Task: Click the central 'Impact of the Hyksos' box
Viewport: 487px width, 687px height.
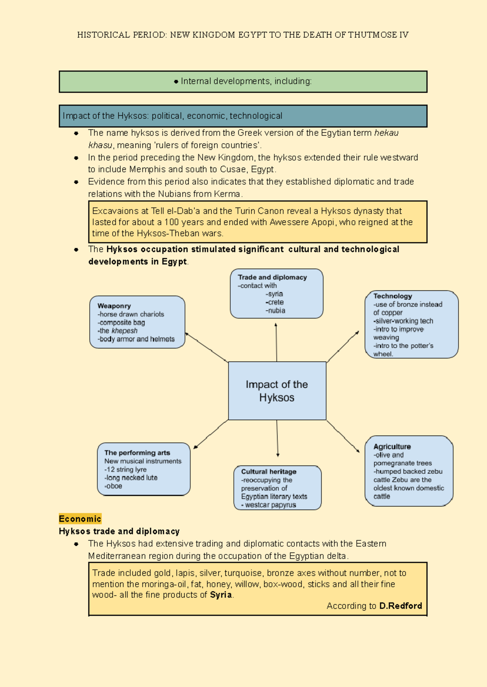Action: tap(277, 391)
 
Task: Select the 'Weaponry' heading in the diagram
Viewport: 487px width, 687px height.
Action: tap(114, 306)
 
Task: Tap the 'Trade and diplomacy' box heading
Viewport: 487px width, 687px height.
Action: tap(272, 277)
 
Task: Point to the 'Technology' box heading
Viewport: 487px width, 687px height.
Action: tap(392, 296)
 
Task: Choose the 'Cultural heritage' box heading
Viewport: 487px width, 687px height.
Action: tap(269, 472)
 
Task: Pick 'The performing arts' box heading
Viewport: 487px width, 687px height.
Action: tap(137, 453)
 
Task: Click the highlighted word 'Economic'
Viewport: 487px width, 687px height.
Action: tap(80, 519)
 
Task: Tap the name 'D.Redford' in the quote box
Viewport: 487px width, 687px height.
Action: tap(401, 606)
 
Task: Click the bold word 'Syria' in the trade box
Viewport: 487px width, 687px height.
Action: tap(221, 595)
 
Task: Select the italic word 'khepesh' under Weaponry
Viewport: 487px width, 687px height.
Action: tap(124, 331)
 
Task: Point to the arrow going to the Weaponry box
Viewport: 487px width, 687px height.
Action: tap(207, 348)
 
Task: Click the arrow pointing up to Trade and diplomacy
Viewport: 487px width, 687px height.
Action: tap(276, 342)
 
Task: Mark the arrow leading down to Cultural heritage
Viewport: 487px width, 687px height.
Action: tap(278, 438)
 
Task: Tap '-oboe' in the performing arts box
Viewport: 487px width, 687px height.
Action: tap(113, 486)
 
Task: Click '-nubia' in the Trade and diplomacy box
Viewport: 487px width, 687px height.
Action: tap(275, 310)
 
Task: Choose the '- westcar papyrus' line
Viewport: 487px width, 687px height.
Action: tap(269, 505)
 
